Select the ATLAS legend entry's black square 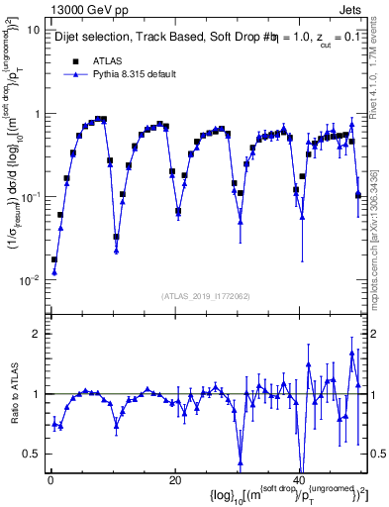[74, 61]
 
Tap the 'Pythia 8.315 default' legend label [134, 74]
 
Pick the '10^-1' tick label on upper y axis [30, 197]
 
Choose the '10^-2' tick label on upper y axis [30, 280]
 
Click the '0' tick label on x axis [50, 480]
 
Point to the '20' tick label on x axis [174, 480]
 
